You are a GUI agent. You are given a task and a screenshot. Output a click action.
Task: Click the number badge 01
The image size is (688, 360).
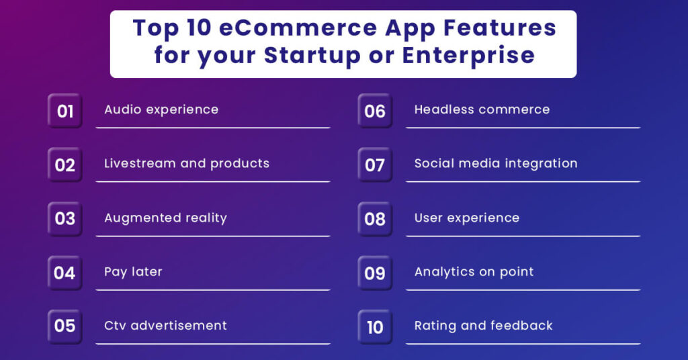[65, 111]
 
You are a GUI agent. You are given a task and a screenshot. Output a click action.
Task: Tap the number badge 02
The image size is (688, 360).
[65, 165]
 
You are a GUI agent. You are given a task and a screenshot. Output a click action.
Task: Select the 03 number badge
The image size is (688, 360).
[65, 219]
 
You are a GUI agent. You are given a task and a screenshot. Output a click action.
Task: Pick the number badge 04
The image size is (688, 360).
[65, 273]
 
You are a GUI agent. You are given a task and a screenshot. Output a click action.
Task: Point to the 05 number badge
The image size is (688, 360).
[65, 326]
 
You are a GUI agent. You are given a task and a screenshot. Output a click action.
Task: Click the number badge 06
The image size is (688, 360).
[375, 111]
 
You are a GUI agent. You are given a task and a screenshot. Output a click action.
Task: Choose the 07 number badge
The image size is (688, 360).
[375, 165]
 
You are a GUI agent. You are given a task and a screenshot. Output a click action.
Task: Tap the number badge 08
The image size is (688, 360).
[375, 219]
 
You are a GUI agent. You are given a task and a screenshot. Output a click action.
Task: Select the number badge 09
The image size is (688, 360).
[375, 273]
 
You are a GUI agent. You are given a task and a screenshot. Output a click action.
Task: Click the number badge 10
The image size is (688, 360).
[375, 327]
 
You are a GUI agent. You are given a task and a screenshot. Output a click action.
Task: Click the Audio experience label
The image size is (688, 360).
[161, 109]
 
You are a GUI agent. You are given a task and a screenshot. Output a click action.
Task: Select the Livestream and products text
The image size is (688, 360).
[186, 163]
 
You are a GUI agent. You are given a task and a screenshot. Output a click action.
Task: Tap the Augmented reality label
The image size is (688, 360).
[165, 218]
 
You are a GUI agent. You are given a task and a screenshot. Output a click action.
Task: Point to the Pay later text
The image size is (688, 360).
[133, 271]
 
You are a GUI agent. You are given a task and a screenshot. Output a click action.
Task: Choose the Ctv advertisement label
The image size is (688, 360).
[165, 325]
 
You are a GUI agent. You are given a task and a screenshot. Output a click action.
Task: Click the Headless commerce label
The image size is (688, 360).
[482, 109]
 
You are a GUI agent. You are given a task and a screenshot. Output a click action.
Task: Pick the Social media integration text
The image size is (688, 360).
[495, 163]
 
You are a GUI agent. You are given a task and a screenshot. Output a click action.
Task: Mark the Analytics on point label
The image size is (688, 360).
[474, 271]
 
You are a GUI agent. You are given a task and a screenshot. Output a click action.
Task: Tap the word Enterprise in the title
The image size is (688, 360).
[468, 54]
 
